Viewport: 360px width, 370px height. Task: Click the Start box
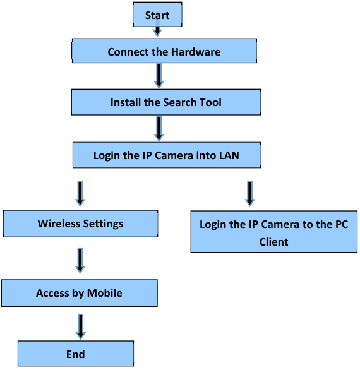point(157,15)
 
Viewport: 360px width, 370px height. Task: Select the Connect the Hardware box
point(164,51)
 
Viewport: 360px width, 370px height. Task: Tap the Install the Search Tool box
point(165,102)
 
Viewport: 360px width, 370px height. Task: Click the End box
point(75,354)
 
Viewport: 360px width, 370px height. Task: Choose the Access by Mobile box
point(79,292)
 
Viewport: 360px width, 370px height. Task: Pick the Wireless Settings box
point(80,223)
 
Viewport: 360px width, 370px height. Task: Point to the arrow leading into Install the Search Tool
point(159,76)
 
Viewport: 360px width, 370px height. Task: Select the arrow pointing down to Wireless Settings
point(80,193)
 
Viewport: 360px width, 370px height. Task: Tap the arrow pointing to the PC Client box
point(249,193)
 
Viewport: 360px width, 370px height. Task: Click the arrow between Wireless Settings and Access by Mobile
point(80,260)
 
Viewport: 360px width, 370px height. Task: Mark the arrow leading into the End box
point(80,326)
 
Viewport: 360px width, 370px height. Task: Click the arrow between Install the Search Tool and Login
point(159,128)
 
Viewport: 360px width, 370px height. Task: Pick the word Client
point(273,241)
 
